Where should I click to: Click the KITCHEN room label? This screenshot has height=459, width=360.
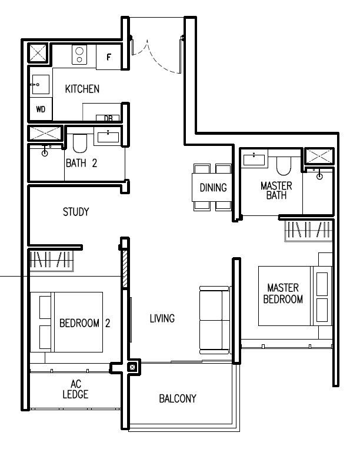coord(82,89)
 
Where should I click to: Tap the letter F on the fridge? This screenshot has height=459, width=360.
coord(108,57)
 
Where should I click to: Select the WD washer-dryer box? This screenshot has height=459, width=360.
coord(41,109)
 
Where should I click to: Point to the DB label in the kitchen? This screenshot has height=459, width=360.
coord(108,118)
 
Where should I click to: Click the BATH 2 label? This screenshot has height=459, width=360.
coord(81,163)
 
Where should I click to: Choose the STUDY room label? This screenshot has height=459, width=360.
coord(76,212)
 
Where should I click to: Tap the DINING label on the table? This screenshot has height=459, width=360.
coord(213,188)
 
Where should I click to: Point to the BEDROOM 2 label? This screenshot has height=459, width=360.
coord(85,322)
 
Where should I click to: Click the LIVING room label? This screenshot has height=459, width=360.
coord(162,318)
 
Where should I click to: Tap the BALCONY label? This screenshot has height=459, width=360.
coord(178,398)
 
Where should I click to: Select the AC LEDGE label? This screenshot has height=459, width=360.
coord(75,390)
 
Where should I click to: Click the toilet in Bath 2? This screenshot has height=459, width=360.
coord(80,143)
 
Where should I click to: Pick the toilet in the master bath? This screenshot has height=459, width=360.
coord(284,165)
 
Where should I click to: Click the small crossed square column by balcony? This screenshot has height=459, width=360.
coord(132,368)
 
